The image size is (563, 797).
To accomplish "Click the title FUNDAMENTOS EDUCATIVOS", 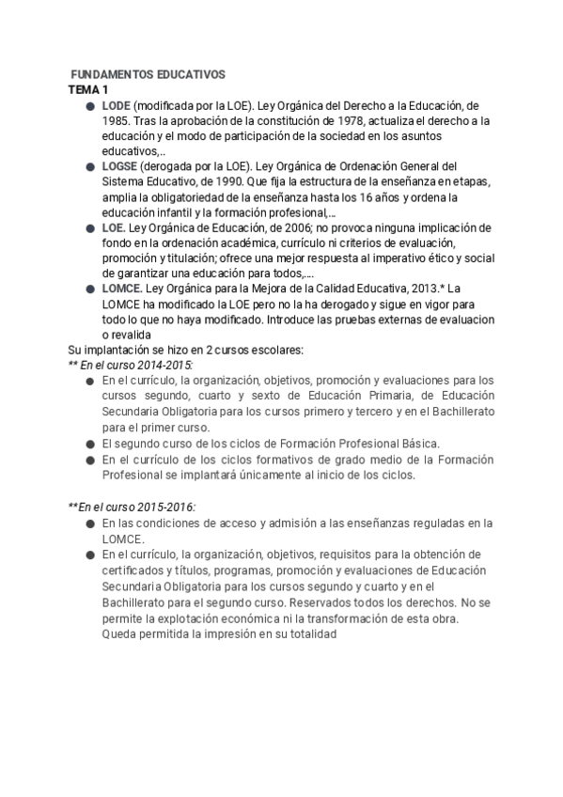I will pyautogui.click(x=148, y=73).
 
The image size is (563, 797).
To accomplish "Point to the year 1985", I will pyautogui.click(x=117, y=121).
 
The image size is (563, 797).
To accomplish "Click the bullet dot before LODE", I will pyautogui.click(x=89, y=106).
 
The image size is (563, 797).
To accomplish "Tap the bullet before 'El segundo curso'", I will pyautogui.click(x=89, y=443).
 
